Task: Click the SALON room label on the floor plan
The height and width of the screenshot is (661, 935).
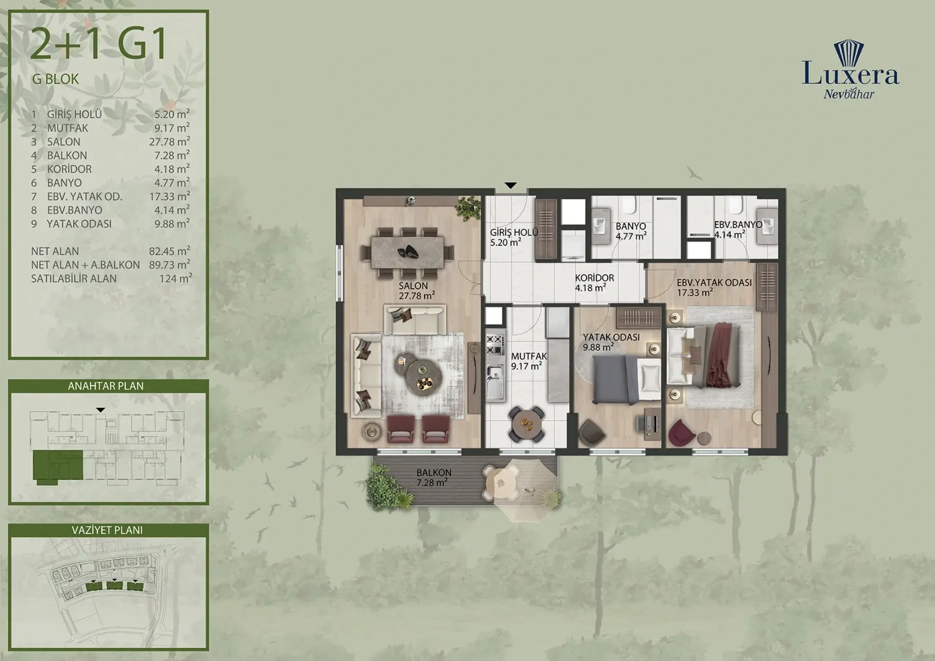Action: [413, 286]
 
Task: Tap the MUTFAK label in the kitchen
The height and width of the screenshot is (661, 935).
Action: [529, 356]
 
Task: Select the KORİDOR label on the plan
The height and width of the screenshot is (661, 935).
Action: [594, 278]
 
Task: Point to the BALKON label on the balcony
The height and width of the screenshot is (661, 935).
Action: [434, 473]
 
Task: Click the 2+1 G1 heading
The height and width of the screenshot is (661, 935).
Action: [99, 45]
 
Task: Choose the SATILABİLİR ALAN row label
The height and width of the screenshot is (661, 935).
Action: [74, 279]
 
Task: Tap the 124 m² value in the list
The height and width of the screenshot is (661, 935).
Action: [176, 278]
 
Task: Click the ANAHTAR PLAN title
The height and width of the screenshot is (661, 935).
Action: [106, 386]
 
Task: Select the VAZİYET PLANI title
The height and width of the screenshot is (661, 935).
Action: [107, 530]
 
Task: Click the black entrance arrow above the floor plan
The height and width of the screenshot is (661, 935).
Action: [511, 185]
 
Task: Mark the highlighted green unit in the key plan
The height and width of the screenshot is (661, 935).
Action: [58, 466]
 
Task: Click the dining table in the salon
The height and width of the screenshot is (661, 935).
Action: [407, 253]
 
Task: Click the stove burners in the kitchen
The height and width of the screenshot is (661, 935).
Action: [495, 344]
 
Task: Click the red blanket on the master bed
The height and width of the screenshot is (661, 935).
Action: [721, 354]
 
